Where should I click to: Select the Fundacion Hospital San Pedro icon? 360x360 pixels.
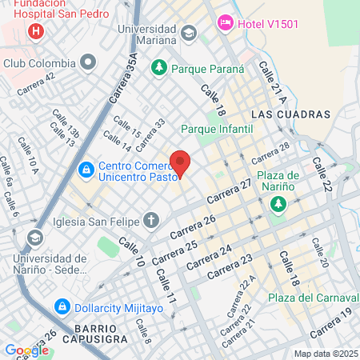tap(35, 32)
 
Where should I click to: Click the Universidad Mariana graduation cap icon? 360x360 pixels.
tap(188, 33)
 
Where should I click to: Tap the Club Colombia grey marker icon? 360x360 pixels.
tap(88, 62)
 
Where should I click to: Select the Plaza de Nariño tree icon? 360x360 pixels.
tap(278, 206)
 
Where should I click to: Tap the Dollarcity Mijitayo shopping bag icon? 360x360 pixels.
tap(62, 306)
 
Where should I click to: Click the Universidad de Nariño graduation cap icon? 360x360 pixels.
tap(35, 238)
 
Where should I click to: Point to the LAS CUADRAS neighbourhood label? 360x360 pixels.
tap(285, 114)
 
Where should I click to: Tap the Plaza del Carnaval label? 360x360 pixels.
tap(306, 298)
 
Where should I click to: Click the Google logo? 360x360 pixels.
tap(26, 350)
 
